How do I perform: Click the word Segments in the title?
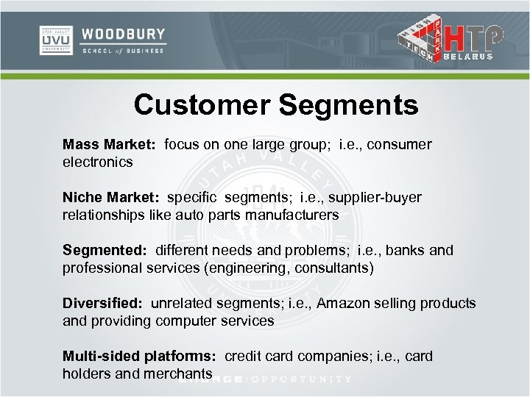(x=349, y=106)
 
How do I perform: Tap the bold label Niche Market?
(x=111, y=197)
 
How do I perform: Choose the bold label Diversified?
(x=103, y=303)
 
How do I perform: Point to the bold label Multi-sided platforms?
(x=139, y=356)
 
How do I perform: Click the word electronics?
(x=98, y=161)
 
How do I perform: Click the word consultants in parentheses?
(x=332, y=268)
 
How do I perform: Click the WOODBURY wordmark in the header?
(x=123, y=35)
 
